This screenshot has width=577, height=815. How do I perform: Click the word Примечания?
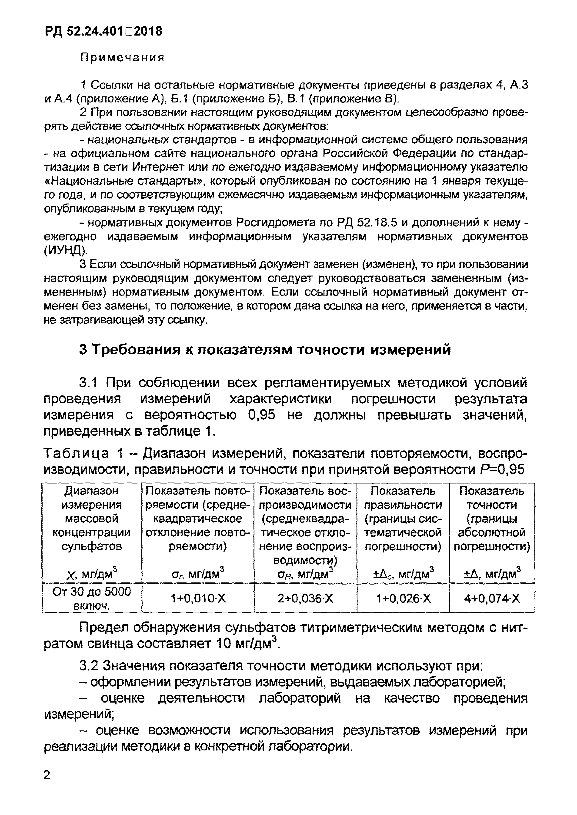click(x=123, y=58)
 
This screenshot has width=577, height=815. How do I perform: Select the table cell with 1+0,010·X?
click(x=198, y=599)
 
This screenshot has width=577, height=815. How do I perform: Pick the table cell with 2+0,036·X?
click(x=305, y=599)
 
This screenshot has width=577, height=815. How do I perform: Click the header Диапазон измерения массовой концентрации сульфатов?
click(x=92, y=519)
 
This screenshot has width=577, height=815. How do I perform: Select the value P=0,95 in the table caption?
click(x=501, y=470)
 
